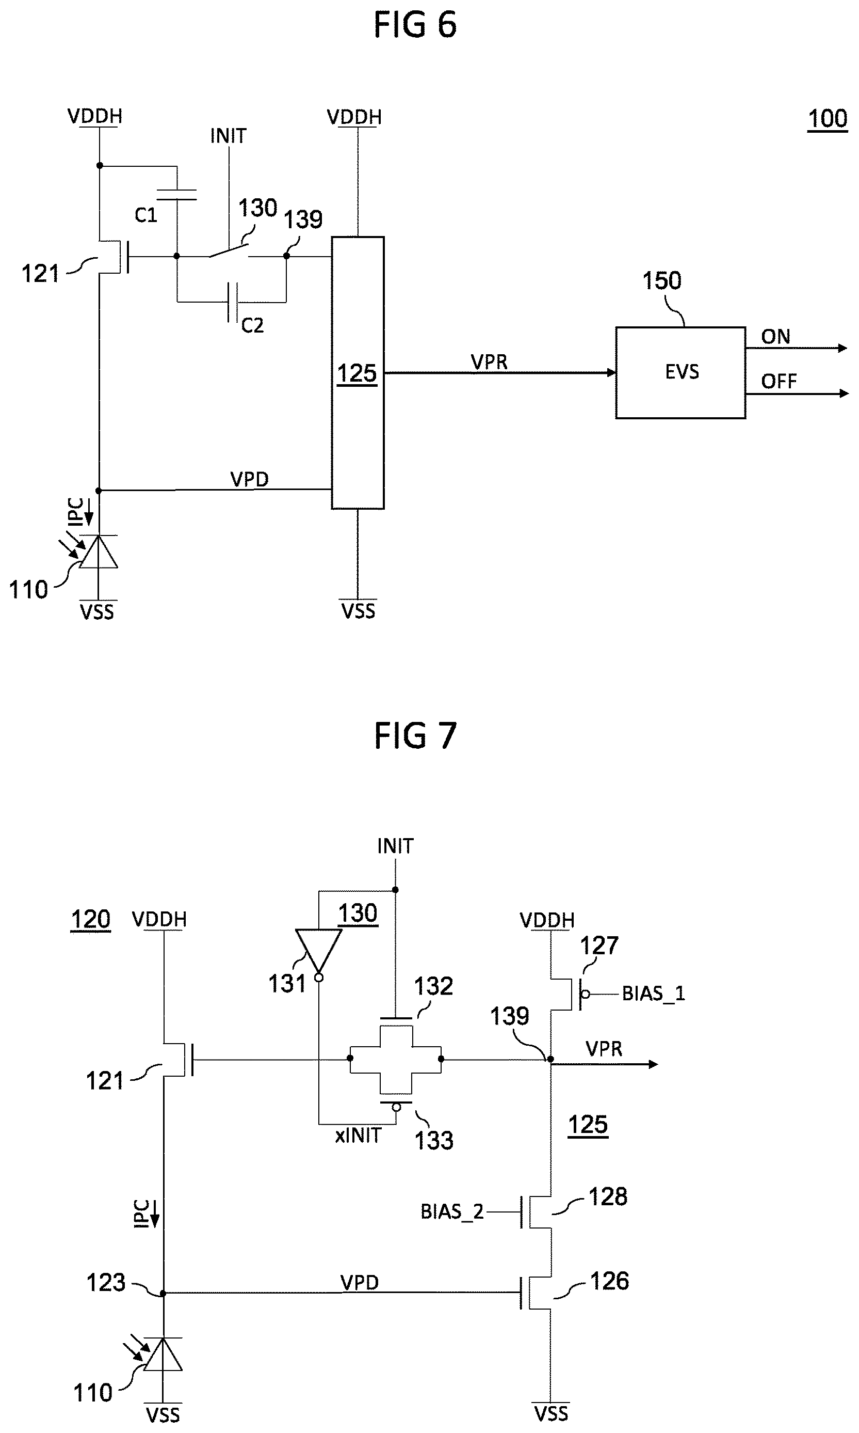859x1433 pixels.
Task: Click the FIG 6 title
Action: (x=415, y=25)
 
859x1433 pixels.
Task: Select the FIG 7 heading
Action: (x=415, y=736)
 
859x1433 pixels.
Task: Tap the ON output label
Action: (x=775, y=337)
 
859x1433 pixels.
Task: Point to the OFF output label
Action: (x=779, y=381)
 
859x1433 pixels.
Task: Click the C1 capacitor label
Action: (x=146, y=215)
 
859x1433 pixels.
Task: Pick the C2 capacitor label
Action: (x=252, y=325)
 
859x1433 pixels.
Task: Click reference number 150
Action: (x=661, y=281)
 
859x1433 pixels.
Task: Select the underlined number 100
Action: (x=827, y=119)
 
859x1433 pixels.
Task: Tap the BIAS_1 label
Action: (x=654, y=994)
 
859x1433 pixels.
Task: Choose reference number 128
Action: (x=608, y=1196)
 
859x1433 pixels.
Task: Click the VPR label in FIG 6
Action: (x=489, y=363)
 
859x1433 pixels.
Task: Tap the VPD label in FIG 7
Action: (x=360, y=1283)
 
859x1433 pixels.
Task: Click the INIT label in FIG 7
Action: (x=395, y=846)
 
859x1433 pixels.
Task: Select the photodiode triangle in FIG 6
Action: (x=99, y=551)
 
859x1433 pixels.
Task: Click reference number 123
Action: (x=105, y=1283)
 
